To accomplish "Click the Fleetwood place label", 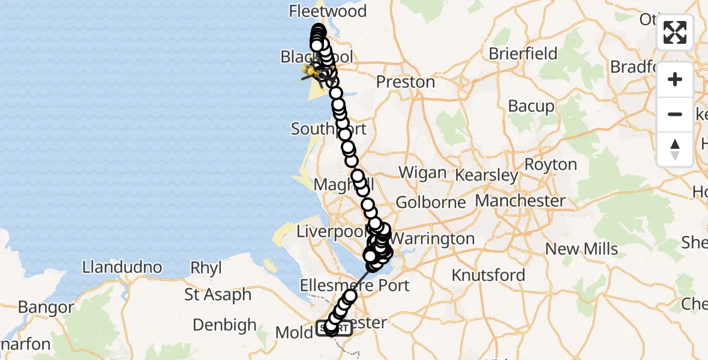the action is click(x=328, y=11).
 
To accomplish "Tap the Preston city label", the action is click(x=406, y=82).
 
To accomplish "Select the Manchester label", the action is click(x=520, y=200).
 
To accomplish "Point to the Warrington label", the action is click(x=436, y=239).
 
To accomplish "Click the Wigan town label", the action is click(x=422, y=173).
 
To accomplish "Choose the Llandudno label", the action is click(x=122, y=267).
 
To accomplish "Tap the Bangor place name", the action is click(x=46, y=308).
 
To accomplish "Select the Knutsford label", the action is click(x=488, y=275).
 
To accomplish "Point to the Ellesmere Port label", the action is click(x=356, y=285).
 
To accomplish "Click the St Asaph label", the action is click(x=218, y=295).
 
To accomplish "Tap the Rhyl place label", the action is click(x=206, y=268).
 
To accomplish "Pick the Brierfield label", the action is click(x=523, y=54).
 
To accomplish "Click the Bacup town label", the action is click(x=531, y=107).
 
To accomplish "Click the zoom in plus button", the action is click(x=675, y=79).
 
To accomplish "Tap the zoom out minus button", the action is click(x=675, y=114).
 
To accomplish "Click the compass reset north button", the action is click(x=675, y=149).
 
